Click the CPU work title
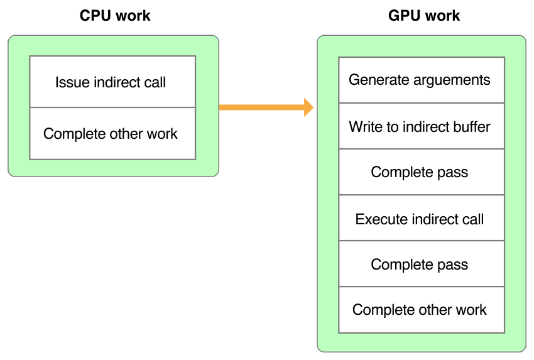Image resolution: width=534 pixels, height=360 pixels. (115, 16)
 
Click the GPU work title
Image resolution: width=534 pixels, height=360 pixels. (424, 16)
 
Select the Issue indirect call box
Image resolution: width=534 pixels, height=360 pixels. (112, 82)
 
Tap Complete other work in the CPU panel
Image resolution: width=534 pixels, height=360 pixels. (112, 134)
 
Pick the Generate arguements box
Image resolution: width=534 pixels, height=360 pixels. (420, 80)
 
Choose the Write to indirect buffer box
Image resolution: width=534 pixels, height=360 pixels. (420, 126)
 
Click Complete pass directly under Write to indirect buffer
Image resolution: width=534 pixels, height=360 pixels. (420, 172)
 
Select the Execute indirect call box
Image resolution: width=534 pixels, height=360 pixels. (420, 219)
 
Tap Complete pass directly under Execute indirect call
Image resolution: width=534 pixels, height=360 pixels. (420, 265)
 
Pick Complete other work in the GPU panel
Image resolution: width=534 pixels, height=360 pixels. (420, 310)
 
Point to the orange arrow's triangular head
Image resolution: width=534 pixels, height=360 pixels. (308, 107)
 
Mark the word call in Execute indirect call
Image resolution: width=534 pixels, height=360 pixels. (473, 219)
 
